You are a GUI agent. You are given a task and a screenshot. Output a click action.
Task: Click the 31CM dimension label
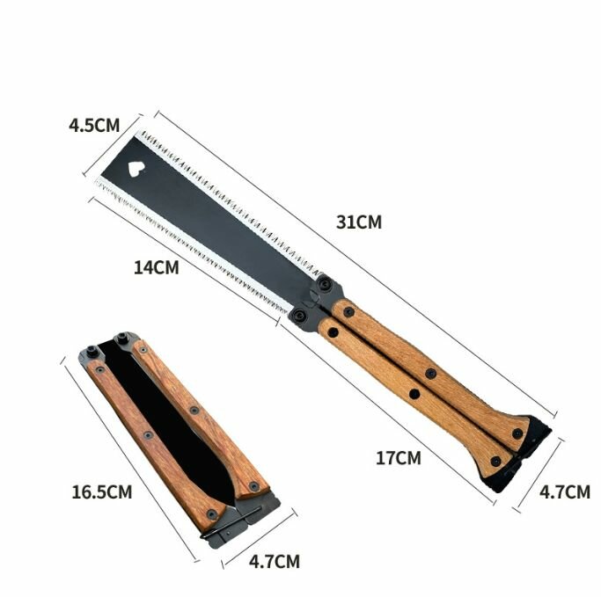[359, 222]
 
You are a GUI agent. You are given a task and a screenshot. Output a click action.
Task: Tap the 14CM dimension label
[157, 267]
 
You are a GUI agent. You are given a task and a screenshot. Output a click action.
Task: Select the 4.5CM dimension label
[94, 125]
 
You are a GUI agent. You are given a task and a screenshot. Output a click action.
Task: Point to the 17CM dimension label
[399, 458]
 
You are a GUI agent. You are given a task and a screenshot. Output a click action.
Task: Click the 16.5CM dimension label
[102, 491]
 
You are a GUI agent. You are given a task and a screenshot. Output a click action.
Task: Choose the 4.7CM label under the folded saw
[275, 561]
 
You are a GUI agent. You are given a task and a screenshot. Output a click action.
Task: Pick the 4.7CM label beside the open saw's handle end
[565, 491]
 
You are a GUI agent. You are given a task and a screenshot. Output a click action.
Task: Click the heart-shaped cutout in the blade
[136, 169]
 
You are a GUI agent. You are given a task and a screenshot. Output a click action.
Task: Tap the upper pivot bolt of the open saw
[325, 284]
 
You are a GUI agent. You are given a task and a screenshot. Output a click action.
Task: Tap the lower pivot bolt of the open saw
[298, 316]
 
